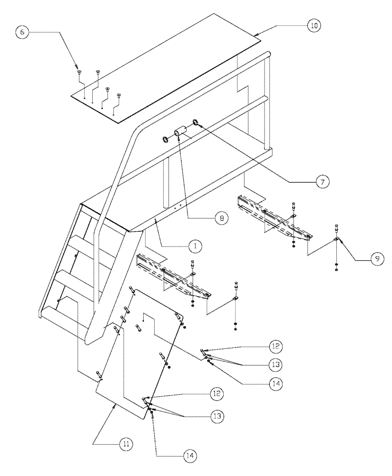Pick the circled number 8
point(220,218)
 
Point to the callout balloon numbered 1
point(194,246)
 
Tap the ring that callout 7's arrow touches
point(196,123)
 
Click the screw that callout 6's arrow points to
point(79,72)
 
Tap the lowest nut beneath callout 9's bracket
point(337,270)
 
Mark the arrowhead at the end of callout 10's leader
point(257,34)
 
